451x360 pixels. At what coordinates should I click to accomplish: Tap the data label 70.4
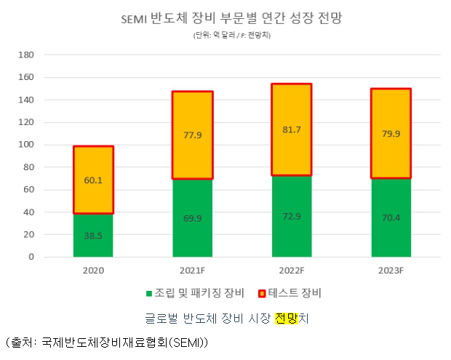(390, 216)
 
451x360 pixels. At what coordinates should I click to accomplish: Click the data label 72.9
(291, 217)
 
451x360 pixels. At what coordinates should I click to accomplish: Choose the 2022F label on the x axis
(291, 271)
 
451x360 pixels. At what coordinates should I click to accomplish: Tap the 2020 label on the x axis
(93, 271)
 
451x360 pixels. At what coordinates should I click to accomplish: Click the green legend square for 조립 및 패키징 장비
(149, 294)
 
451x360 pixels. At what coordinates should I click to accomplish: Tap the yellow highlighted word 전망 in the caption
(285, 317)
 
